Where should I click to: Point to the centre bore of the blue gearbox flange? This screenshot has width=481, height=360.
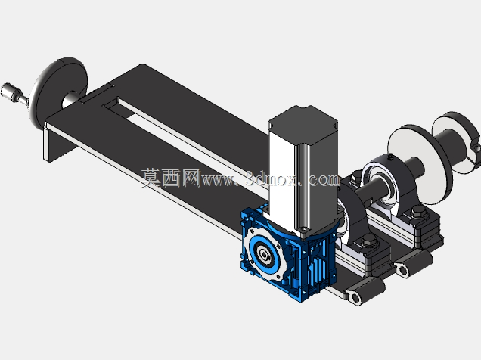point(263,253)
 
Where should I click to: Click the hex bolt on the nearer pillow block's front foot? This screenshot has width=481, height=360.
point(369,241)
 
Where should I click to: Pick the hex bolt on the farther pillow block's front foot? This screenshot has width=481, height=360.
point(418,213)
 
